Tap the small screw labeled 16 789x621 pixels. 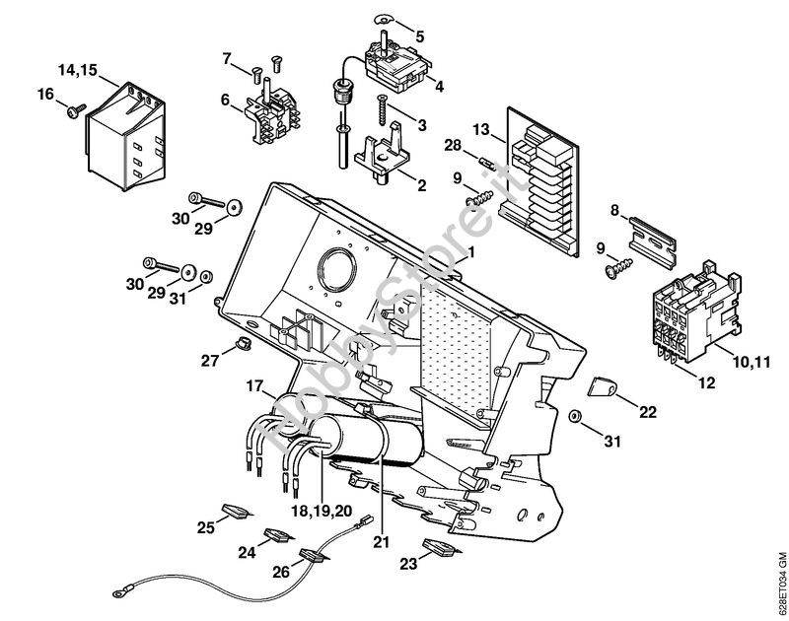73,111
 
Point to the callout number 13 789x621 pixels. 480,129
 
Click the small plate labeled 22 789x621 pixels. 603,391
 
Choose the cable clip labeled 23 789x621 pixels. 439,549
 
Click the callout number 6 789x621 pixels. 225,99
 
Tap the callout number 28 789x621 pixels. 453,147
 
